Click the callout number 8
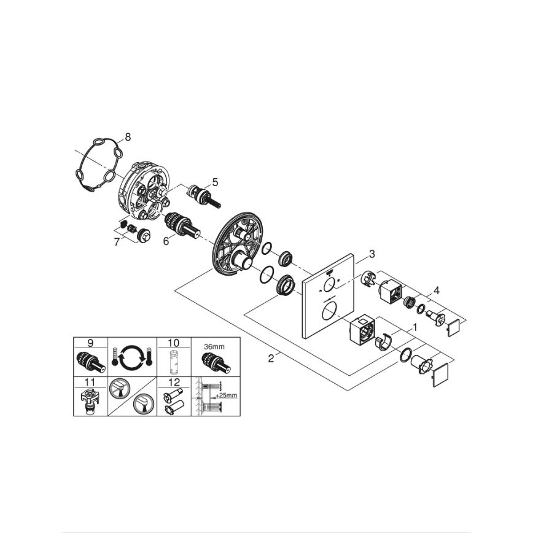click(127, 138)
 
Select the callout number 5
click(215, 182)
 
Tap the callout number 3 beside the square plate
click(371, 253)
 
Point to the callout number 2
click(271, 358)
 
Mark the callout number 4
click(437, 289)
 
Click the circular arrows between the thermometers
click(132, 357)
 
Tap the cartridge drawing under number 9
click(90, 362)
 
